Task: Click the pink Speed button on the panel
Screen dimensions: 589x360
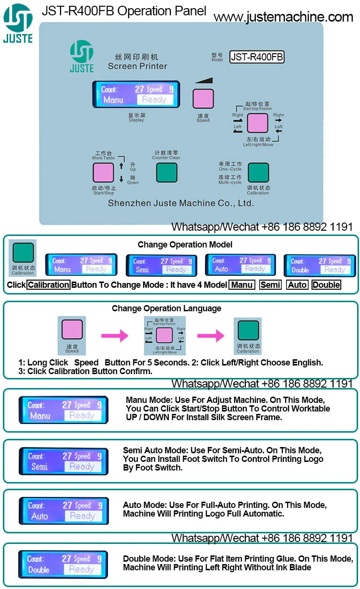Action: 203,98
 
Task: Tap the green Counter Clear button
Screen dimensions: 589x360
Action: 167,173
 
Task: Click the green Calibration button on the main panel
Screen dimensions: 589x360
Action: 258,173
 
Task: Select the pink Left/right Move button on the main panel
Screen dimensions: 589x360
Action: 257,123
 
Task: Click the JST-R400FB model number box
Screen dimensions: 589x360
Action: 257,57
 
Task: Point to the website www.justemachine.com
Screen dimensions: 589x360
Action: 283,18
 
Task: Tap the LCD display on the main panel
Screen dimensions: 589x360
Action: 136,94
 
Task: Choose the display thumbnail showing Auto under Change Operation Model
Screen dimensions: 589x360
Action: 239,265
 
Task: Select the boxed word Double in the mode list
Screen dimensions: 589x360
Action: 326,285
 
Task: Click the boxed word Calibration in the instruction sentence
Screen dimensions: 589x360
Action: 48,285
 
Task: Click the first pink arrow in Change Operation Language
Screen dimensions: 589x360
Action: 114,336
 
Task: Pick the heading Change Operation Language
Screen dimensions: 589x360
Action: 167,308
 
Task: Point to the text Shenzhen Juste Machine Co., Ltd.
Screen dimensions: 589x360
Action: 180,203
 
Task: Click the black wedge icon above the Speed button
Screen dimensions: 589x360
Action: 203,82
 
